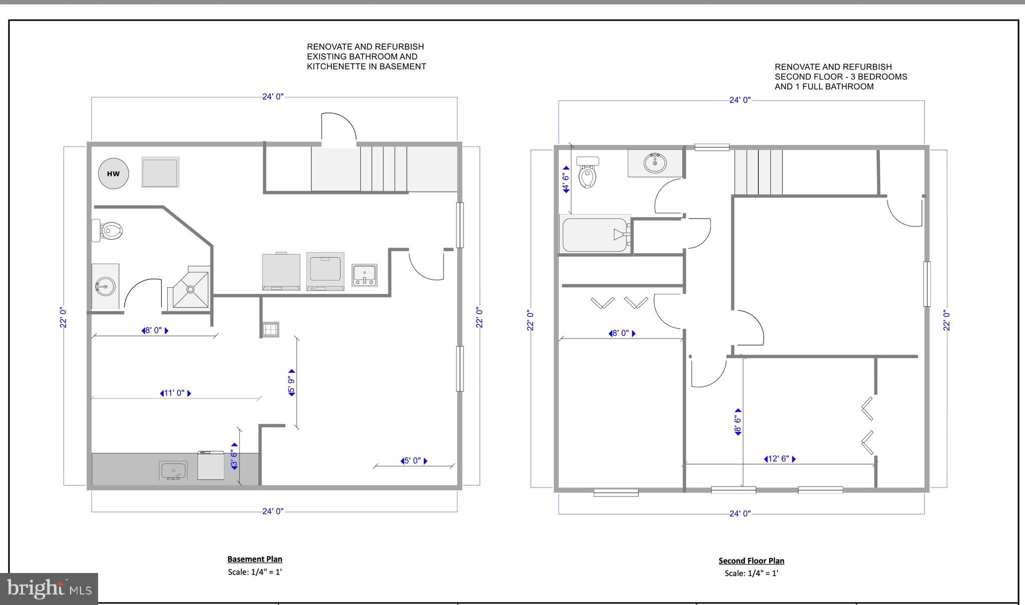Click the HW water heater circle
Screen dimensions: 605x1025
coord(113,173)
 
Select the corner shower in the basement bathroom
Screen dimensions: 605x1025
coord(190,288)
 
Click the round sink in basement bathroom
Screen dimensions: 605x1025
coord(105,287)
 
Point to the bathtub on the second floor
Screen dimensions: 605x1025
coord(595,235)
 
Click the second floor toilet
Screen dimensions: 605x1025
coord(588,172)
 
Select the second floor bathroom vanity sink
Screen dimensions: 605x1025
coord(655,163)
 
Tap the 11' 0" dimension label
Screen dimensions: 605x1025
coord(175,393)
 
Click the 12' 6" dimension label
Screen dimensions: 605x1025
coord(779,459)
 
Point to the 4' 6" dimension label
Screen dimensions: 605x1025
coord(566,179)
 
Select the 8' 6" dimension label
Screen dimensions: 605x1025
coord(738,421)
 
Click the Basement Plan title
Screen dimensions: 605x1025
coord(255,559)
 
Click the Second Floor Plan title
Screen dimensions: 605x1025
coord(751,560)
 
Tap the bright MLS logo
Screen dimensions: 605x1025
coord(49,588)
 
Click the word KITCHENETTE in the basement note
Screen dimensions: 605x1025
coord(336,66)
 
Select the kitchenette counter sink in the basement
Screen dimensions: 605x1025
coord(173,471)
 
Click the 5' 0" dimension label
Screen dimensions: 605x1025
coord(413,460)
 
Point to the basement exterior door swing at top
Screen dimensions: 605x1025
coord(339,127)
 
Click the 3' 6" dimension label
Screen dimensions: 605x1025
coord(234,456)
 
